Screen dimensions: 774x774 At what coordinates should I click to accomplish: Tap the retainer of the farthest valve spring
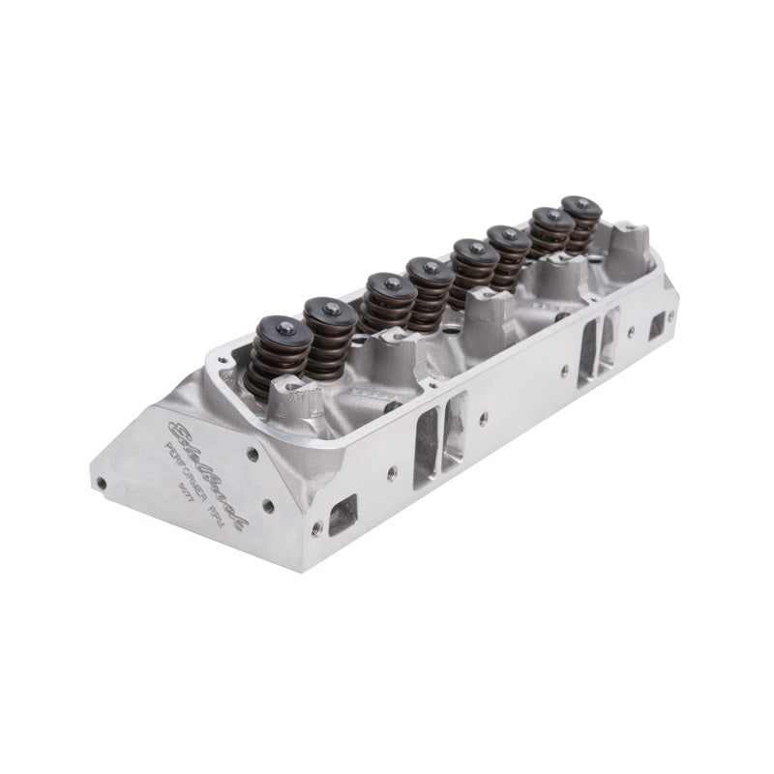click(x=581, y=208)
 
